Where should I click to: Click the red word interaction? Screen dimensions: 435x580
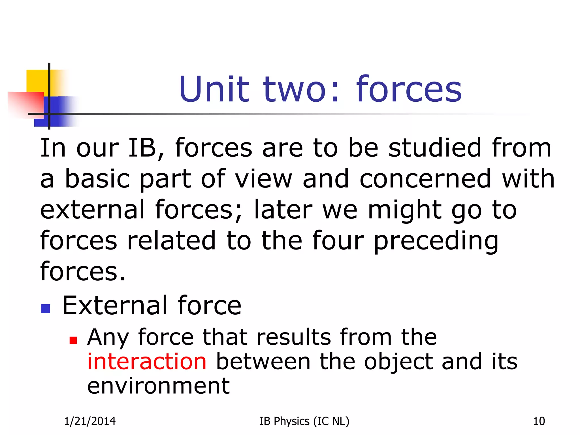tap(147, 362)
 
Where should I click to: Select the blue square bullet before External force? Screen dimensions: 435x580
tap(45, 309)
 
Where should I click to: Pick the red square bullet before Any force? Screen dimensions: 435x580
tap(73, 340)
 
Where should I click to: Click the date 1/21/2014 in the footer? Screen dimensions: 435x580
tap(90, 421)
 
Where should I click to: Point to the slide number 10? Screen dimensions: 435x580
tap(539, 421)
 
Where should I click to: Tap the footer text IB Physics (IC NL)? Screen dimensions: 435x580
tap(304, 421)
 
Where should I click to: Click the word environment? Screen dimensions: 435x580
tap(158, 386)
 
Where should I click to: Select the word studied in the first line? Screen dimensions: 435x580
tap(435, 148)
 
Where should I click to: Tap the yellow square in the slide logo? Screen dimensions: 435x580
tap(37, 81)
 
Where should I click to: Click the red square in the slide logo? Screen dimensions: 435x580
tap(25, 103)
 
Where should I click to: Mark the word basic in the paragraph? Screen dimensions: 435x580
tap(97, 179)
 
